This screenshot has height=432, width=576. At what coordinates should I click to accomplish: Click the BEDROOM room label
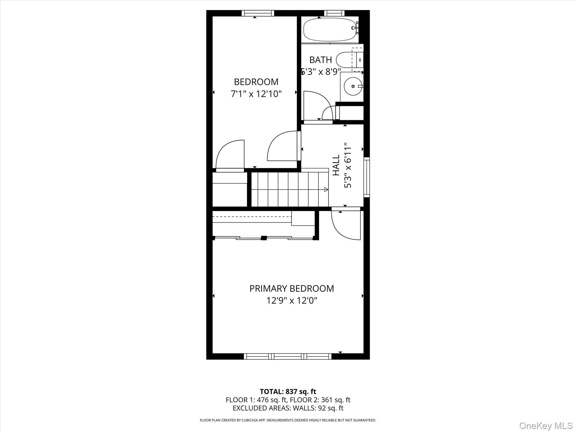click(256, 82)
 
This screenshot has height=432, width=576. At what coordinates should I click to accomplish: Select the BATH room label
click(320, 60)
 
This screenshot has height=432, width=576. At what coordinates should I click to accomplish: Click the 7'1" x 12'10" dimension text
click(256, 94)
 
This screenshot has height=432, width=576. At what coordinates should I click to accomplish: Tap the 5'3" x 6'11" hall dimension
click(348, 165)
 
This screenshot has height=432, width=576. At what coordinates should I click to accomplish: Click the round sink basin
click(353, 86)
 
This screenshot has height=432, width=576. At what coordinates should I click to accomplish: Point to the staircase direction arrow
click(326, 190)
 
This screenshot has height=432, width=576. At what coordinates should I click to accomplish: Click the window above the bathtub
click(334, 13)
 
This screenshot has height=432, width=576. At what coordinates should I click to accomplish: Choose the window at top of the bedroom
click(258, 13)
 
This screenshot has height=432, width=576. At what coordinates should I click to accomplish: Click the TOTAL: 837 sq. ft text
click(288, 391)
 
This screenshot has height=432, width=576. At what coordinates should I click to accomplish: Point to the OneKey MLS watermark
click(546, 425)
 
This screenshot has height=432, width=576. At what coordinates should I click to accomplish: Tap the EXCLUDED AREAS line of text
click(288, 408)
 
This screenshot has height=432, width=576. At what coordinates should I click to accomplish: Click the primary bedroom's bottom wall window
click(287, 356)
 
